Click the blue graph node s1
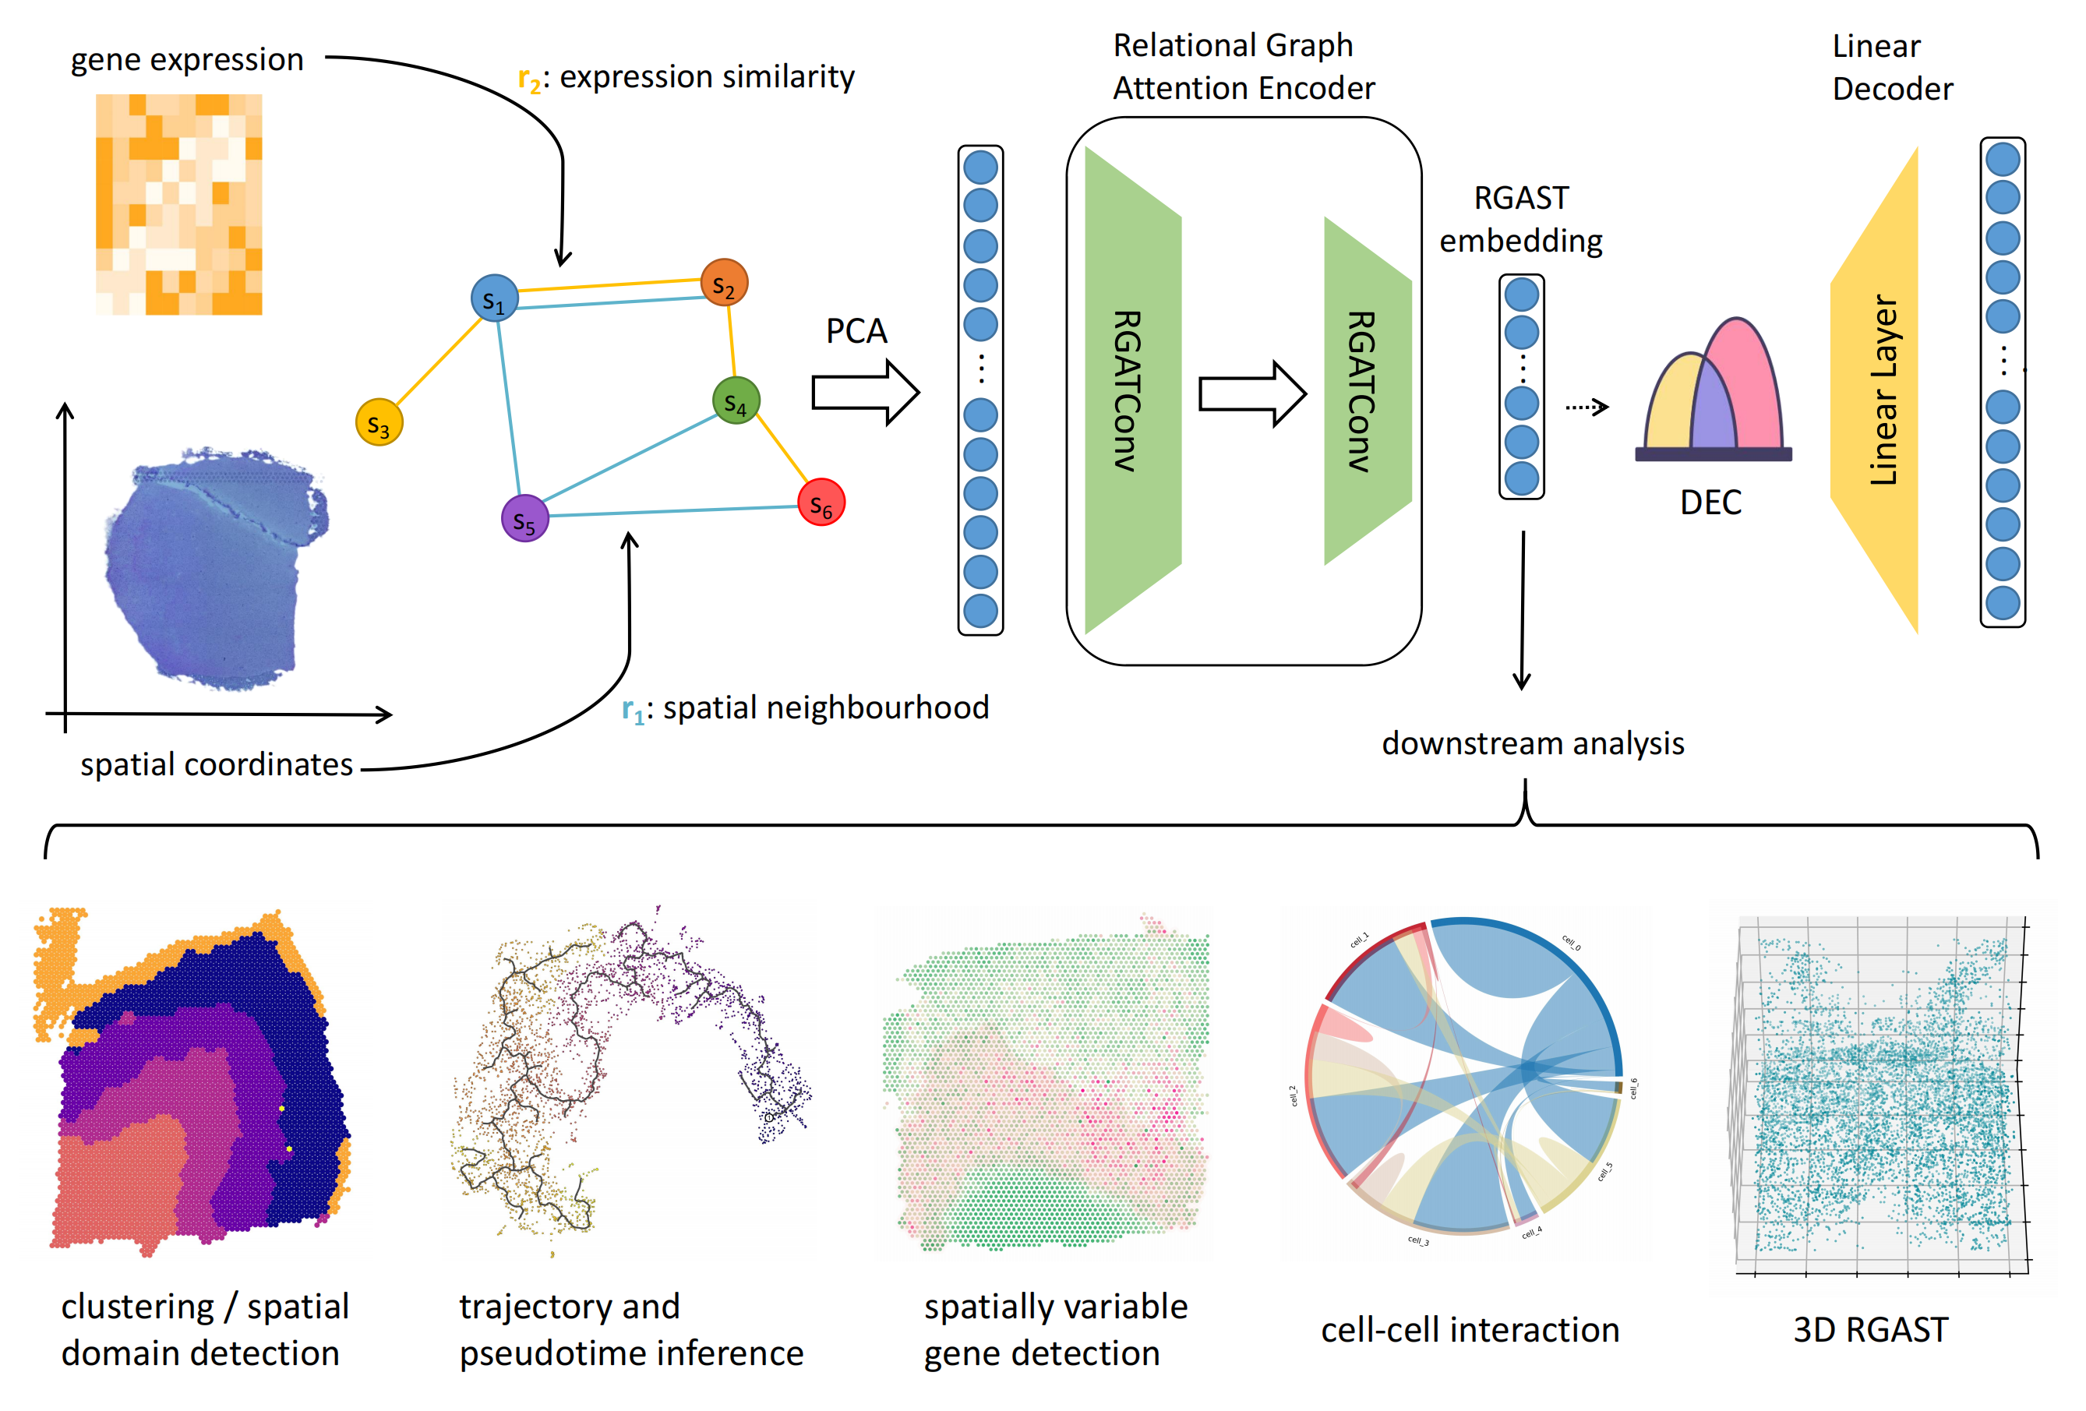[x=494, y=299]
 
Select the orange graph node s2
[x=723, y=283]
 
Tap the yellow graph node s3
[x=379, y=423]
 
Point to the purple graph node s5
[x=524, y=518]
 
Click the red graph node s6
[x=821, y=503]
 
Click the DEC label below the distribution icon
[x=1710, y=503]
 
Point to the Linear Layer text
[x=1883, y=390]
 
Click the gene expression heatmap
[x=178, y=205]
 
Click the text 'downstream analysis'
[x=1532, y=743]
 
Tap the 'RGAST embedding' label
[x=1520, y=219]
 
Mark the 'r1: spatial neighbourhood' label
[x=805, y=708]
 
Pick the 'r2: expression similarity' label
[x=686, y=78]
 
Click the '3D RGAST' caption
[x=1871, y=1329]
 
